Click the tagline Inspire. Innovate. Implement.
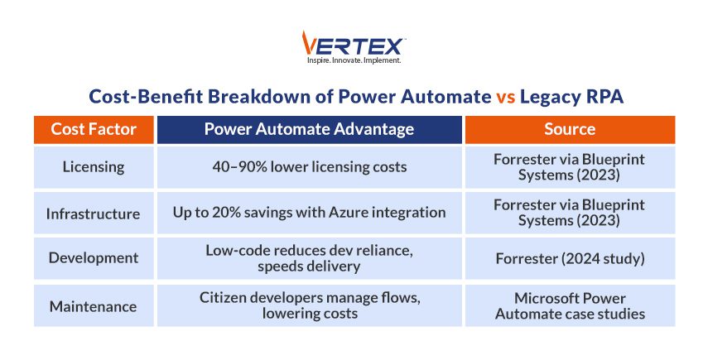pyautogui.click(x=354, y=60)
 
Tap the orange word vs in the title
pyautogui.click(x=505, y=97)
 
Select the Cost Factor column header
pyautogui.click(x=93, y=129)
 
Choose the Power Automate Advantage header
pyautogui.click(x=309, y=129)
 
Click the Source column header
pyautogui.click(x=570, y=129)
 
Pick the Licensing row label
pyautogui.click(x=93, y=166)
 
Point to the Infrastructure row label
pyautogui.click(x=93, y=213)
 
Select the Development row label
pyautogui.click(x=93, y=258)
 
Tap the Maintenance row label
pyautogui.click(x=93, y=305)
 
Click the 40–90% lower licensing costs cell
pyautogui.click(x=309, y=166)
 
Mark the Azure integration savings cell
pyautogui.click(x=309, y=213)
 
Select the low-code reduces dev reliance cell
pyautogui.click(x=309, y=258)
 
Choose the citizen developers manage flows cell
pyautogui.click(x=309, y=305)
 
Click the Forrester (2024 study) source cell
pyautogui.click(x=570, y=258)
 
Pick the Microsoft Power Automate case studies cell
pyautogui.click(x=570, y=305)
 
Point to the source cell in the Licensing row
pyautogui.click(x=570, y=166)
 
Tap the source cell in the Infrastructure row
pyautogui.click(x=570, y=213)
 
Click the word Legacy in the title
pyautogui.click(x=553, y=97)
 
